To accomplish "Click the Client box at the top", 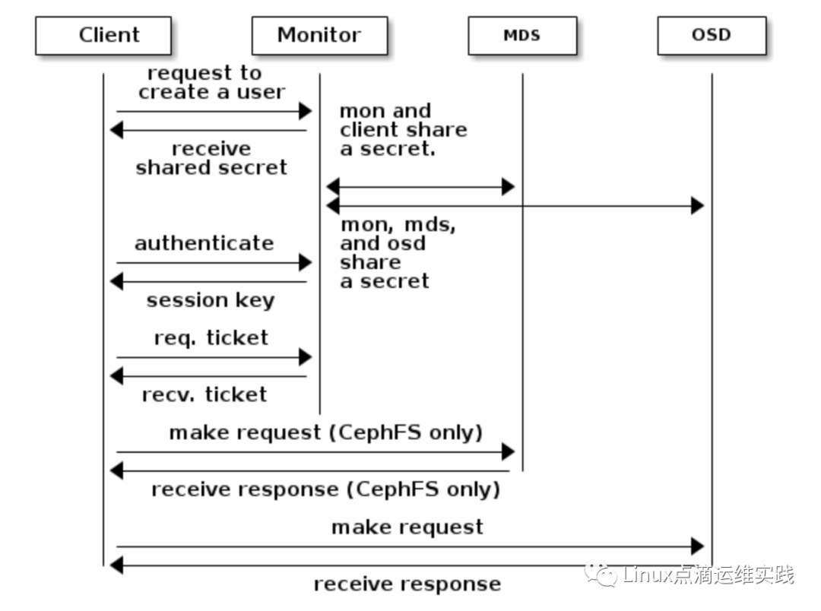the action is [x=103, y=36].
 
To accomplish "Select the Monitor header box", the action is [x=319, y=36].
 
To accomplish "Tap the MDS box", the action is [x=522, y=36].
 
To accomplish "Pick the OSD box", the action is [x=712, y=36].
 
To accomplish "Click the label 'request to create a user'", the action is [x=211, y=82].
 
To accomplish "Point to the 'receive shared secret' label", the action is [x=211, y=158].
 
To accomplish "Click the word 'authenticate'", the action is [x=204, y=243].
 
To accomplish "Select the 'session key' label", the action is [x=211, y=300].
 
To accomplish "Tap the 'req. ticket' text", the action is [x=211, y=337].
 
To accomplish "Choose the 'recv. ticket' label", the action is [x=204, y=394].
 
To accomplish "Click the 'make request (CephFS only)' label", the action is [x=325, y=433].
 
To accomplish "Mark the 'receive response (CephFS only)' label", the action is [x=325, y=489].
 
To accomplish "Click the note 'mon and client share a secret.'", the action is [x=403, y=130].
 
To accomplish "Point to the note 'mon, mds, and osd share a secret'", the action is [x=398, y=253].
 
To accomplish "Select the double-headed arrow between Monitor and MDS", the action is [x=420, y=187].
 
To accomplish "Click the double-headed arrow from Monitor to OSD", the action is [x=515, y=206].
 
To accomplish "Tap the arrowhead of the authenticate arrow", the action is [x=306, y=262].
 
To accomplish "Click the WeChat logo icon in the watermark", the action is [x=601, y=573].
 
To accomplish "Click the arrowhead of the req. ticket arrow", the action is [x=306, y=357].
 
